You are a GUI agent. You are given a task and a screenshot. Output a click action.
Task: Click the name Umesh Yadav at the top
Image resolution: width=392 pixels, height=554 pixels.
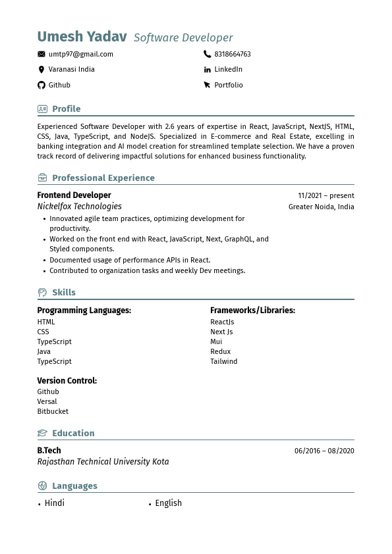(82, 37)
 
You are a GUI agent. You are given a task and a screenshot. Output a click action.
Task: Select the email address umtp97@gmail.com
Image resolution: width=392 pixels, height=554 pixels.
(80, 54)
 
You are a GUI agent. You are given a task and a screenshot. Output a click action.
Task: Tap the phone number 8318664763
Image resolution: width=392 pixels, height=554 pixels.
(233, 54)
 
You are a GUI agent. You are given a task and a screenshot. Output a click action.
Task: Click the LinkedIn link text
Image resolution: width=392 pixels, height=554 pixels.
(228, 69)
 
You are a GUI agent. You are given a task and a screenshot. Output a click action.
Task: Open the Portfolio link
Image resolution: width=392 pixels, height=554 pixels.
(228, 85)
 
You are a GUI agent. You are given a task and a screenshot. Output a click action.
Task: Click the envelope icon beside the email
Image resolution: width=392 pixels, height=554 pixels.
(42, 54)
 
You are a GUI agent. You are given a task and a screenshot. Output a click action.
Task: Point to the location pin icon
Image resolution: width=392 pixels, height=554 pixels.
(42, 69)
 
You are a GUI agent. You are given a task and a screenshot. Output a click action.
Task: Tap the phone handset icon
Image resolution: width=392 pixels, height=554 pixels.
(208, 54)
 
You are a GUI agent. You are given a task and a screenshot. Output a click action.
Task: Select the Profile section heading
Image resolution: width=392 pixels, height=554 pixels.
(66, 109)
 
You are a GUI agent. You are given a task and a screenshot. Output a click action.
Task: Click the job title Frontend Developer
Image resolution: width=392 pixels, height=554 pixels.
(74, 195)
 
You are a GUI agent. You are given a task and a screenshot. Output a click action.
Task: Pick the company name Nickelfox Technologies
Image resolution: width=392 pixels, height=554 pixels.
(79, 207)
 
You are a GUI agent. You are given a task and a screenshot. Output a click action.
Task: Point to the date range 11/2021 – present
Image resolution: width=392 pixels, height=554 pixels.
(325, 195)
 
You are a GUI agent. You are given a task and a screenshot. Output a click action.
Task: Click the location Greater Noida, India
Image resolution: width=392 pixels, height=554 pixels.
(321, 207)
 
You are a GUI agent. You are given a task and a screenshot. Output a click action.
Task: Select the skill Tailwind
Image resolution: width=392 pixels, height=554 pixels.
(223, 361)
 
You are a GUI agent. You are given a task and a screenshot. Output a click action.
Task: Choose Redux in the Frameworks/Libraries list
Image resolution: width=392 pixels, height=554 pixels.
(220, 351)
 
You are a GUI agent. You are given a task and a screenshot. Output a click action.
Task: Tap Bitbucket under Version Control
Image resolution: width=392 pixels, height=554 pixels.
(53, 411)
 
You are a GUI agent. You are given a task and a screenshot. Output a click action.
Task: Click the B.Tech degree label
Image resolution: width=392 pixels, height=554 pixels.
(49, 451)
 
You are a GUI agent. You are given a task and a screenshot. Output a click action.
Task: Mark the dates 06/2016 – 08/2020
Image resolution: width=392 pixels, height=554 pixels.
(324, 451)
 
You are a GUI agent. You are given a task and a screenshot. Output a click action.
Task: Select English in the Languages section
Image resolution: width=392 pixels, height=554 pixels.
(168, 503)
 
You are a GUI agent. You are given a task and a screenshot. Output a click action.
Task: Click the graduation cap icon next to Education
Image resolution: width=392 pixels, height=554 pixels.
(42, 434)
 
